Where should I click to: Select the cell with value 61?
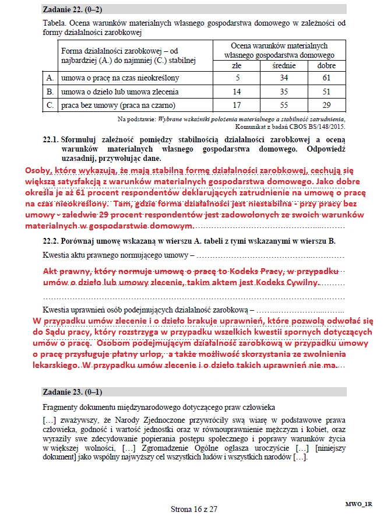[x=326, y=78]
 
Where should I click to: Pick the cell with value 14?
[x=237, y=92]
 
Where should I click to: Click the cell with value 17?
[x=237, y=106]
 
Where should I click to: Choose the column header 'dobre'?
[x=326, y=64]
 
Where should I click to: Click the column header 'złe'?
[x=237, y=64]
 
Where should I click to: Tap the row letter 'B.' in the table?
[x=50, y=92]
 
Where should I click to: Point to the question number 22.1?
[x=51, y=139]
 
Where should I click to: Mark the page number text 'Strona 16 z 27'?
[x=193, y=508]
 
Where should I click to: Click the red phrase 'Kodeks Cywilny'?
[x=288, y=283]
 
